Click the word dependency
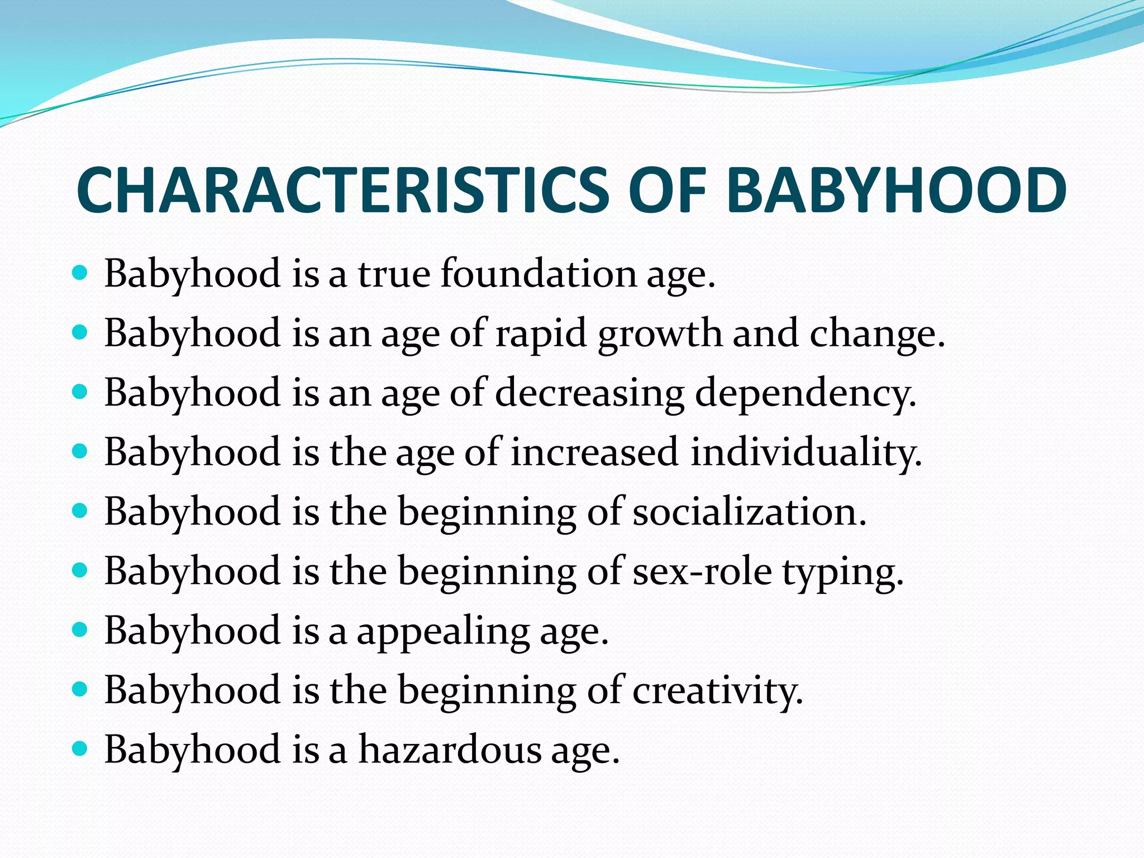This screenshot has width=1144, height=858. point(805,393)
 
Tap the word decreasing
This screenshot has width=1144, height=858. point(589,393)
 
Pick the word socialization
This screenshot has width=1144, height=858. point(749,512)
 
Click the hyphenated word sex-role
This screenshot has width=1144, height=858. point(702,571)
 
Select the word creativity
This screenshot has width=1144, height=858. point(717,691)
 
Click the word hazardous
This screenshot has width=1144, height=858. point(450,750)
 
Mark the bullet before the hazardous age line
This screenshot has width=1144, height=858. point(80,749)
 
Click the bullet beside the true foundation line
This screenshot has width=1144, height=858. point(80,273)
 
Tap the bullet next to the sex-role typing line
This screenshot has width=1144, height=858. point(80,570)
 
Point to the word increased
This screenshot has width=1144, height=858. point(594,452)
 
